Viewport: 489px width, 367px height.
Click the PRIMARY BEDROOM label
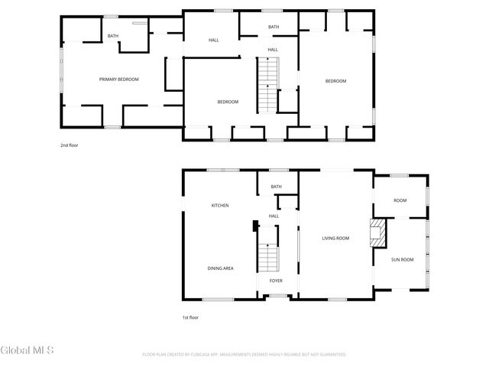(118, 80)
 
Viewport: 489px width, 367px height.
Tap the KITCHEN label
(220, 206)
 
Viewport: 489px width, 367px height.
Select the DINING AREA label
(220, 268)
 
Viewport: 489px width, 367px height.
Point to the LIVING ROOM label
(335, 239)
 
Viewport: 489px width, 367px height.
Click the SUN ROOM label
(402, 260)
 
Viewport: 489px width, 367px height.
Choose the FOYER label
(275, 281)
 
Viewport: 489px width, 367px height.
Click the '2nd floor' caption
(70, 145)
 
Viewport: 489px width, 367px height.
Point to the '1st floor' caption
(190, 317)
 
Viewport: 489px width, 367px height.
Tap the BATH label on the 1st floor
(276, 187)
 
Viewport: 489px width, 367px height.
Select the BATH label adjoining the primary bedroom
(113, 36)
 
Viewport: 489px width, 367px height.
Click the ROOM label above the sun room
(400, 201)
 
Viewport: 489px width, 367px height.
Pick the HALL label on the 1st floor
(274, 216)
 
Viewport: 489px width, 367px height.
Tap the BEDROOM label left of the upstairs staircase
(228, 102)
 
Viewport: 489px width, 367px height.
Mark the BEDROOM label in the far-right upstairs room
(335, 81)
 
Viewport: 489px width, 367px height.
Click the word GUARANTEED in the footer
(330, 355)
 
